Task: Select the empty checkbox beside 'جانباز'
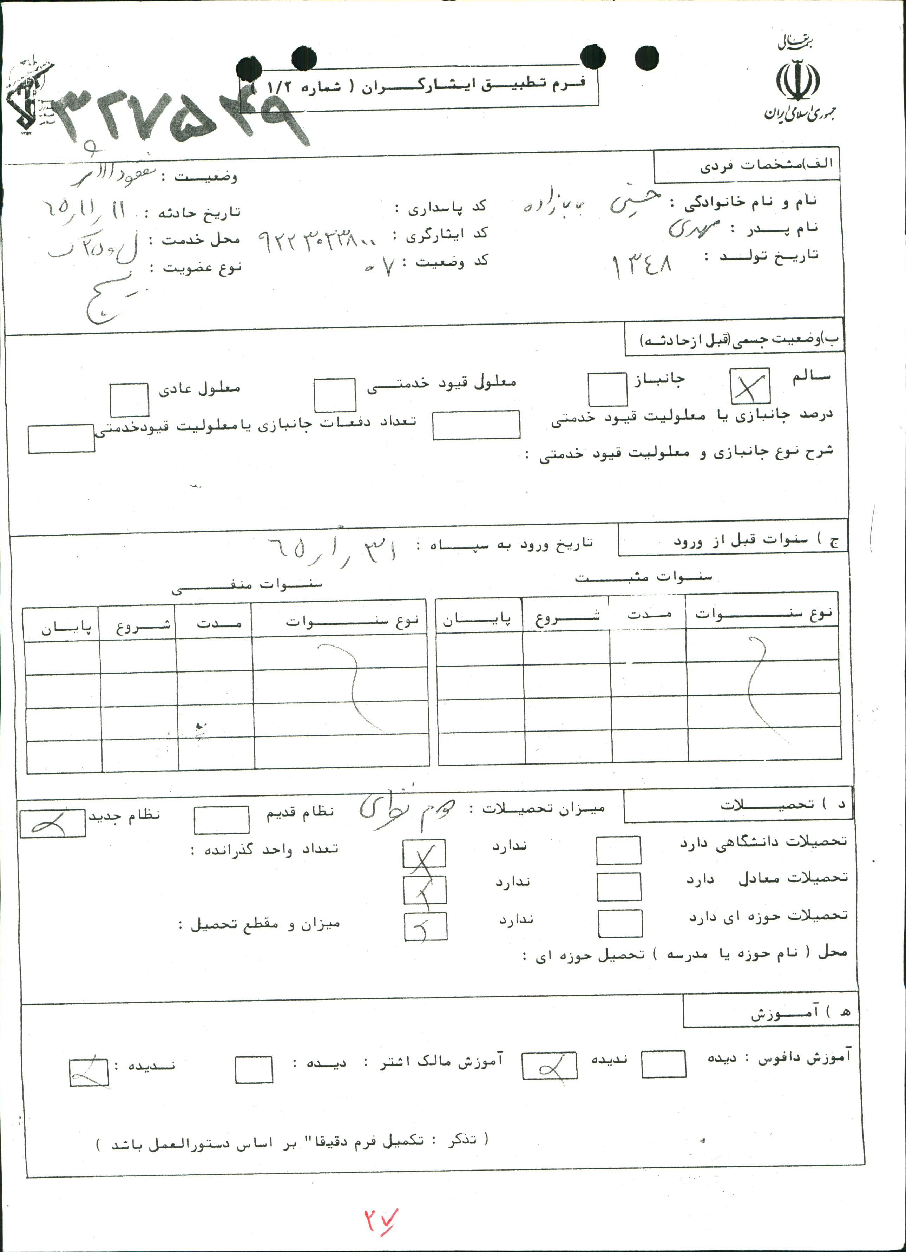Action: tap(607, 389)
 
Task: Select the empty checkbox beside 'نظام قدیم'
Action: tap(221, 820)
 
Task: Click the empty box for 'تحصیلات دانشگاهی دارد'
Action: tap(618, 850)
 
